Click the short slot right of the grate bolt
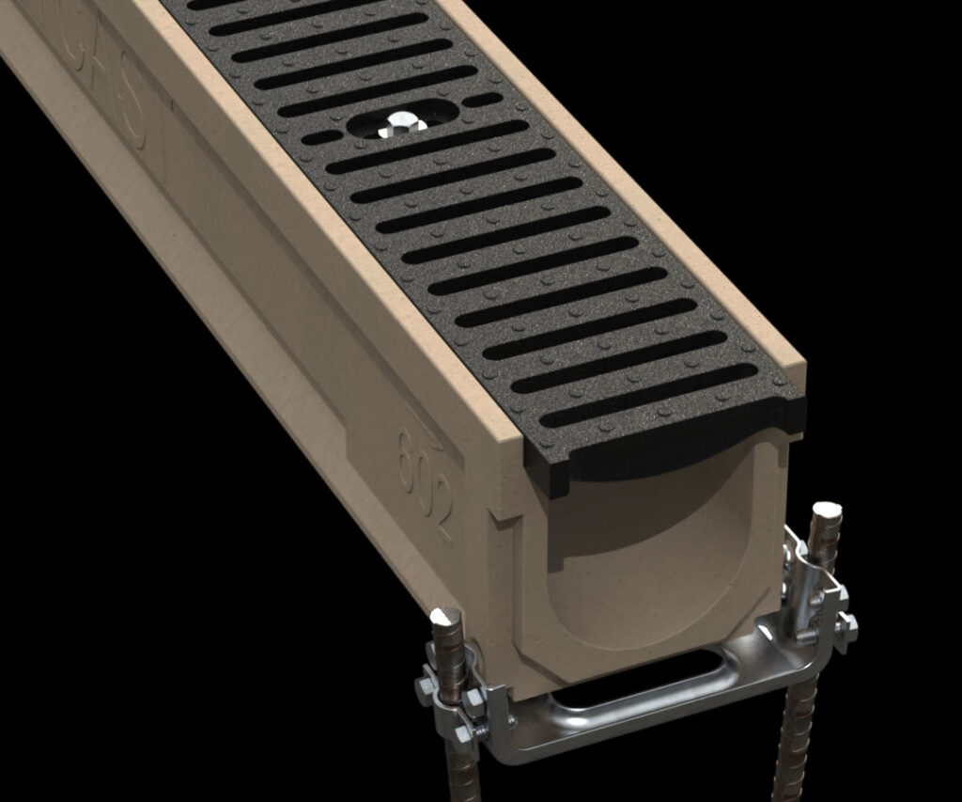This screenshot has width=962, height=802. tap(483, 99)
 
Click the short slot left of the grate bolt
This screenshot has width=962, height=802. tap(319, 138)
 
